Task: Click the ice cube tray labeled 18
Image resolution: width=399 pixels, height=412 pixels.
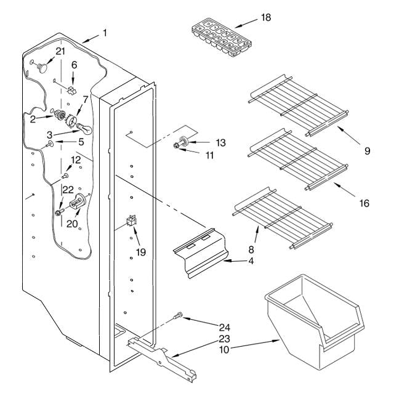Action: (222, 38)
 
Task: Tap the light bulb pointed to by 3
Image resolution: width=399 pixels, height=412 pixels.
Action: (84, 129)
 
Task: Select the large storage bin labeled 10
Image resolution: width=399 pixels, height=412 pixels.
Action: (314, 322)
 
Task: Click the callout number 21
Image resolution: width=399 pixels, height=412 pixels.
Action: (60, 51)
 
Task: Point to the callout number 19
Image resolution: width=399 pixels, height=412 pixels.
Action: (141, 252)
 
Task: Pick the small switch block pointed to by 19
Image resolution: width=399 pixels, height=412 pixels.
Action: (132, 220)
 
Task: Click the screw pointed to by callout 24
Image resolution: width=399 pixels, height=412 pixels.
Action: (178, 315)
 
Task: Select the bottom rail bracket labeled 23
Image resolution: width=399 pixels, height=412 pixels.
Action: (163, 360)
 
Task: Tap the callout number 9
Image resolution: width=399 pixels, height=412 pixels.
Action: (367, 151)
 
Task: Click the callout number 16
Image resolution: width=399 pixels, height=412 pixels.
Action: (365, 203)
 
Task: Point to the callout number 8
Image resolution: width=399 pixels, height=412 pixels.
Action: (251, 249)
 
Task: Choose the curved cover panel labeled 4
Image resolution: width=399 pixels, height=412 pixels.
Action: (200, 253)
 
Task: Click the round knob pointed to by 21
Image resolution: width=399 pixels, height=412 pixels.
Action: (42, 67)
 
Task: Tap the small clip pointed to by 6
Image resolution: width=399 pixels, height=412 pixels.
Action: (71, 90)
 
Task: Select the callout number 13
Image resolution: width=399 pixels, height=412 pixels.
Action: (220, 143)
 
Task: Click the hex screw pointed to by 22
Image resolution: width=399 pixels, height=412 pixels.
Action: (59, 212)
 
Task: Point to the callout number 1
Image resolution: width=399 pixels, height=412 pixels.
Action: (105, 33)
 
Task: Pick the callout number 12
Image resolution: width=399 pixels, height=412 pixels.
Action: (76, 160)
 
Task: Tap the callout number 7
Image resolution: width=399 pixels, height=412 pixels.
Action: (86, 100)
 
